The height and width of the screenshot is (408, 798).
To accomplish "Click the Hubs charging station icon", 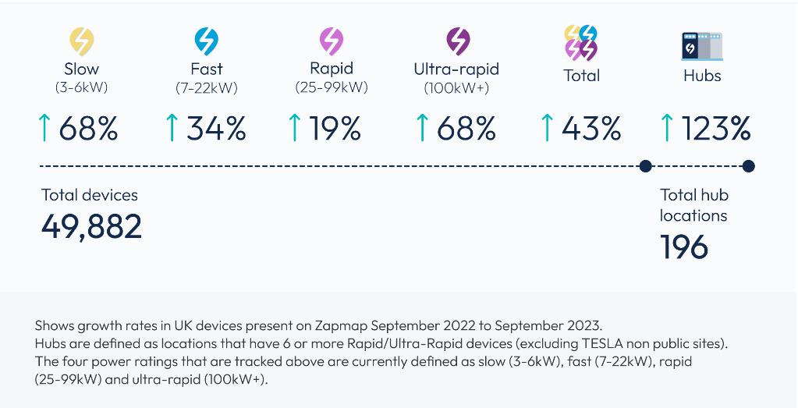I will pyautogui.click(x=701, y=46).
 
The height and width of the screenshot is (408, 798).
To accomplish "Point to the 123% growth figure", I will pyautogui.click(x=716, y=128).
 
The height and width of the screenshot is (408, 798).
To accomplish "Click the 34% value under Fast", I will pyautogui.click(x=216, y=128).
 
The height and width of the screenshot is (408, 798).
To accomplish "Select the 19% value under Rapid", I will pyautogui.click(x=335, y=128).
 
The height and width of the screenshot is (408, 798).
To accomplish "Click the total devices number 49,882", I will pyautogui.click(x=91, y=226).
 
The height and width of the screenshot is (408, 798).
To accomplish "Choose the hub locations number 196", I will pyautogui.click(x=684, y=247).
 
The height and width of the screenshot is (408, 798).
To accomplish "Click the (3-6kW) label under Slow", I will pyautogui.click(x=81, y=87).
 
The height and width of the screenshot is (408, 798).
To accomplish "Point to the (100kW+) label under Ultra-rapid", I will pyautogui.click(x=456, y=88).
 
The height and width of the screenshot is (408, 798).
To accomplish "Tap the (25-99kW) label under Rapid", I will pyautogui.click(x=332, y=87).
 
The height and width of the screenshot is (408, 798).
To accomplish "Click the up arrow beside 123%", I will pyautogui.click(x=667, y=128).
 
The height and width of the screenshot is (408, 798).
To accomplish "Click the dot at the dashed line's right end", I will pyautogui.click(x=748, y=165).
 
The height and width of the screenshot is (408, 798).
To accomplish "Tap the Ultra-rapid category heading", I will pyautogui.click(x=456, y=69).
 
